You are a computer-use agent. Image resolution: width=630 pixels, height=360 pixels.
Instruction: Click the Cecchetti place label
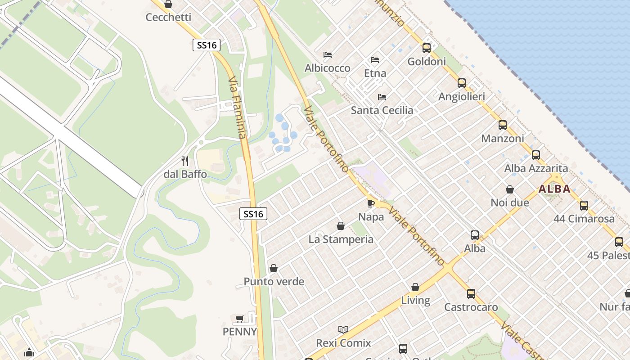point(168,18)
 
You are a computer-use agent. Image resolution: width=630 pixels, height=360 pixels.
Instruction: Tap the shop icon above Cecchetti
point(168,4)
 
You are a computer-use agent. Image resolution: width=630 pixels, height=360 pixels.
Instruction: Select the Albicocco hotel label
point(327,68)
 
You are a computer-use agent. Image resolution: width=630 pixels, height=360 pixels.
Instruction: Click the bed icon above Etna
point(375,59)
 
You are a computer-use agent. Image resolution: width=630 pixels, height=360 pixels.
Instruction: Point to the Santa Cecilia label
point(382,110)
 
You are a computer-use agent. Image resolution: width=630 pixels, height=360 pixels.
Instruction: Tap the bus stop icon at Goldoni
point(426,48)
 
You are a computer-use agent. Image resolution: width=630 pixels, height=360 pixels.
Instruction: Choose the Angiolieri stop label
point(461,97)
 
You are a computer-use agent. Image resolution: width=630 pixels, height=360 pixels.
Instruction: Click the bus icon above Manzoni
point(502,125)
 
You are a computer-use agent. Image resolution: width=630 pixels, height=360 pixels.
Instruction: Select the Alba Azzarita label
point(535,169)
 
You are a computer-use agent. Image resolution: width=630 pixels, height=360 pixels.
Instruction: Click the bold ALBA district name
point(554,189)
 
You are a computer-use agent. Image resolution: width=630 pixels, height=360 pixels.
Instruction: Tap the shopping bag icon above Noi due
point(510,189)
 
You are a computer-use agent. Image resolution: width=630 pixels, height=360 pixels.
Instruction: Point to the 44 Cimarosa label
point(584,219)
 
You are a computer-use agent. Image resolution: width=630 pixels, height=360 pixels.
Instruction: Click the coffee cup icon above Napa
point(371,203)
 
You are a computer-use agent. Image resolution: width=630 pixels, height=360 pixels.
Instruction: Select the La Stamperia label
point(341,239)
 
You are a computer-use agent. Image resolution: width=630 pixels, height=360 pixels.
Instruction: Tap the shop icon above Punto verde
point(274,269)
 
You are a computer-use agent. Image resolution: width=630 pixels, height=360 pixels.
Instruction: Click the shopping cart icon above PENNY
point(240,319)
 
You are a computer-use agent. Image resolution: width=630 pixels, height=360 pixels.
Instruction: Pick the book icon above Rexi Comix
point(343,330)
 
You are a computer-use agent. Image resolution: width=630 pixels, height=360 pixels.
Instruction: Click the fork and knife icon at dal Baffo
point(185,161)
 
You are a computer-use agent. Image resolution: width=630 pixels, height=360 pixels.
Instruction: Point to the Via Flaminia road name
point(238,108)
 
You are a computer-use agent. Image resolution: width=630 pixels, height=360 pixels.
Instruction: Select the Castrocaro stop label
point(471,307)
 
